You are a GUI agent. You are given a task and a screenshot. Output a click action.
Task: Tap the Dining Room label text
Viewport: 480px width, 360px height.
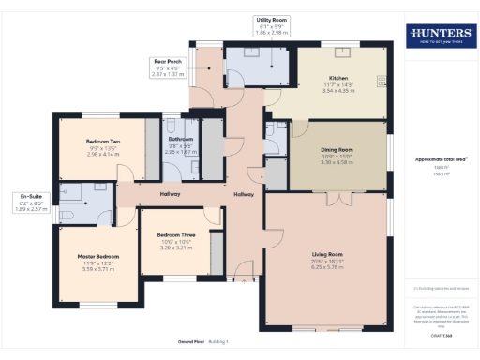[x=336, y=151]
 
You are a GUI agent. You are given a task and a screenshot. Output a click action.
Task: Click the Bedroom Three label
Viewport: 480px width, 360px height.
[x=176, y=233]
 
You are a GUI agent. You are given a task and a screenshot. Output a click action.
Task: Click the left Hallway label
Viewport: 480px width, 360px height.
[x=169, y=194]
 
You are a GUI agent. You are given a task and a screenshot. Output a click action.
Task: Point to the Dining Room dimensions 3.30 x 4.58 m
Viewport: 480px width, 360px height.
[x=336, y=163]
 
